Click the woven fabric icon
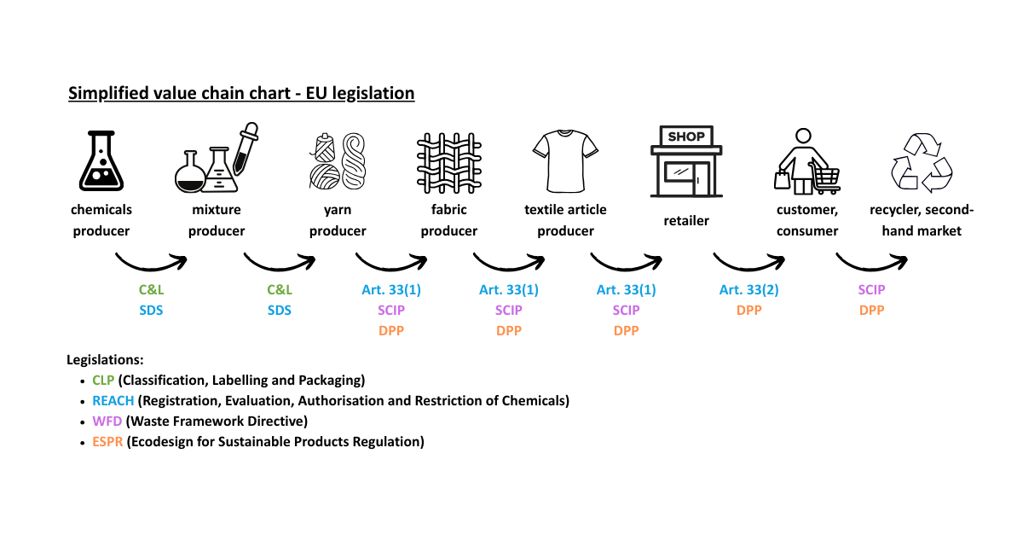coord(449,162)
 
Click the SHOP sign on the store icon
coord(685,137)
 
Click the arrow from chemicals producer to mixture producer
coord(151,259)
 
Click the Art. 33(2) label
coord(748,290)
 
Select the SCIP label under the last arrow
coord(871,290)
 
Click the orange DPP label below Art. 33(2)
coord(748,311)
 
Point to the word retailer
coord(686,221)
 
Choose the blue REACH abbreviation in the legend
coord(113,400)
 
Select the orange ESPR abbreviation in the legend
coord(107,441)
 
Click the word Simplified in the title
coord(103,93)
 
